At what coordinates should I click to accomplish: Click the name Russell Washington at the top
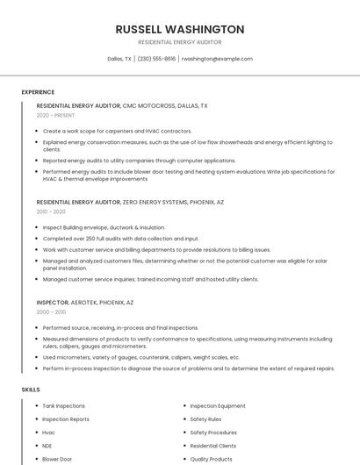(180, 29)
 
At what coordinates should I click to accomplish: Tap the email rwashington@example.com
(217, 59)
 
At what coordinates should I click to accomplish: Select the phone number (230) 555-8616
(157, 59)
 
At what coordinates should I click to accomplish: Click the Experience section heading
(38, 92)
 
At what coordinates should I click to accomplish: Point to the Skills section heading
(31, 389)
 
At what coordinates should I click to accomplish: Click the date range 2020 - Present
(55, 115)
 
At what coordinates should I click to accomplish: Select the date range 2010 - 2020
(51, 211)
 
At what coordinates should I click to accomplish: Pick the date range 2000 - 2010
(51, 311)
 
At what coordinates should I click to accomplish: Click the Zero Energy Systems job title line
(130, 202)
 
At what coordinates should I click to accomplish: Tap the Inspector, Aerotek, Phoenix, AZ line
(85, 302)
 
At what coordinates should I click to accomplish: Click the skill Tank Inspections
(64, 406)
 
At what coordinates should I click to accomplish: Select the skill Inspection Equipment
(218, 406)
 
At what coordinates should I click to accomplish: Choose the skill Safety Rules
(206, 419)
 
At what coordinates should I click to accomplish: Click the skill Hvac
(49, 433)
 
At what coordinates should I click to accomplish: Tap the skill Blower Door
(57, 459)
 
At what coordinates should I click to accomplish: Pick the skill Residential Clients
(213, 446)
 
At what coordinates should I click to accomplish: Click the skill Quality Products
(212, 459)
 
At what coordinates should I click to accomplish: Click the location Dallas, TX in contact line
(119, 59)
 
